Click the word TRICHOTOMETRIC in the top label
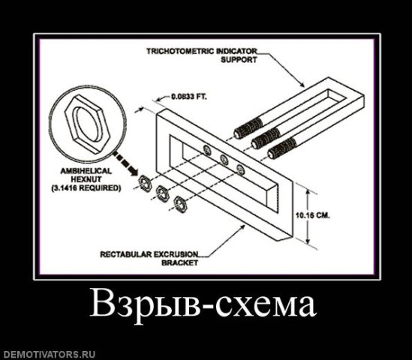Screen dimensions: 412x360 tap(181, 51)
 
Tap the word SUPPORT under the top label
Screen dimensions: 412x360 tap(239, 60)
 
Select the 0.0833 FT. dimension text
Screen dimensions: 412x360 tap(189, 97)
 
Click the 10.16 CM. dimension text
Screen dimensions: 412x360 tap(313, 215)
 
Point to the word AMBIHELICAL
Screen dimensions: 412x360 tap(86, 171)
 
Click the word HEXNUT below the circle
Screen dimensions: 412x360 tap(86, 179)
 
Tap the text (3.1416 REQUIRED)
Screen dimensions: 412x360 tap(86, 188)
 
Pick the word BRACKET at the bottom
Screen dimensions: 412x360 tap(179, 262)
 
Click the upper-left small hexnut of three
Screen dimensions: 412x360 tap(145, 182)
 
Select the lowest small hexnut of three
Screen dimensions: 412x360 tap(181, 203)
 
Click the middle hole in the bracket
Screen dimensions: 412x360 tap(224, 159)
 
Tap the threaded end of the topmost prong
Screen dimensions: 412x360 tap(248, 128)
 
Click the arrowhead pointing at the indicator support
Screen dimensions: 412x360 tap(302, 84)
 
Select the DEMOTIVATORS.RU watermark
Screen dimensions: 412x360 tap(47, 355)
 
